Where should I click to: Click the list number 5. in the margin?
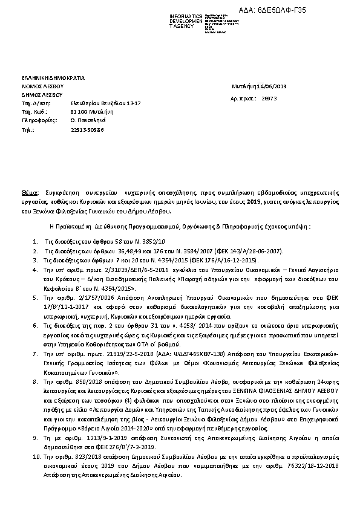[36, 299]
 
